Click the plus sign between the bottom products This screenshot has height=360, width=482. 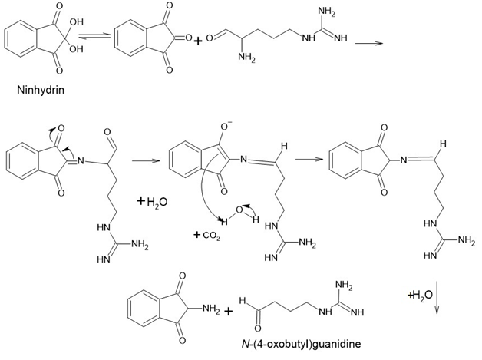click(228, 312)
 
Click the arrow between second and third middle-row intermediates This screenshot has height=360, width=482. click(308, 161)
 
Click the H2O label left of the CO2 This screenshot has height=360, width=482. click(152, 203)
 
